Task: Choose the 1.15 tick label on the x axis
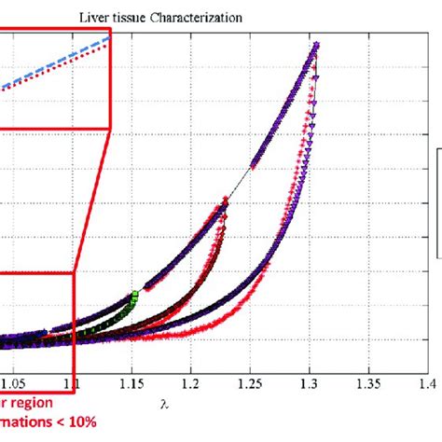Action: pos(131,382)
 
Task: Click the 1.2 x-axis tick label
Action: pos(191,382)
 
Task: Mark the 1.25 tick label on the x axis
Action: pos(250,382)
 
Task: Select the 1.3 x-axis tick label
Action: pos(310,382)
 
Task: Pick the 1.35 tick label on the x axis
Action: pos(369,382)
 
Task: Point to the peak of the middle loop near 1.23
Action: pos(225,200)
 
